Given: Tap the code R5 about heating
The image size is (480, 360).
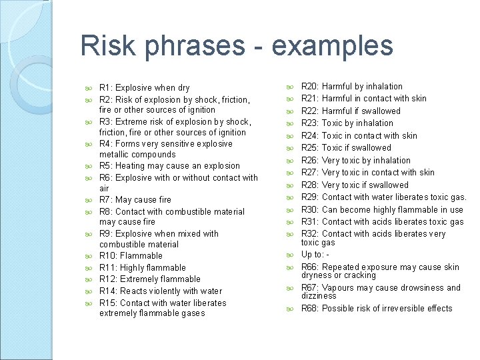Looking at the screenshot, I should pyautogui.click(x=105, y=166).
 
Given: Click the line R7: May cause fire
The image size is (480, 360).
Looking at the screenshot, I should pyautogui.click(x=135, y=199).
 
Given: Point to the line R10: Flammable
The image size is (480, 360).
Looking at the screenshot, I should pyautogui.click(x=131, y=256).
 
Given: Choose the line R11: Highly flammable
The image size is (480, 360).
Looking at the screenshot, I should pyautogui.click(x=142, y=268).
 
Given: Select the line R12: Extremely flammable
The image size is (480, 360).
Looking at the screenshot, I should pyautogui.click(x=149, y=279).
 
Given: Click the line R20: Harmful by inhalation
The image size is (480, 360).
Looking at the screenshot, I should pyautogui.click(x=351, y=87).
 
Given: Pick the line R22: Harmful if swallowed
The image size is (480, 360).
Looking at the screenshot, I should pyautogui.click(x=351, y=111).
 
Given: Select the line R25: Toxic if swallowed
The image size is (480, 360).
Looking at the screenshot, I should pyautogui.click(x=346, y=148).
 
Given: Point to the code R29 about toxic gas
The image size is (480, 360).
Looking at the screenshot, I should pyautogui.click(x=310, y=197).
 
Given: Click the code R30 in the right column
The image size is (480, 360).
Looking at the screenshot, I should pyautogui.click(x=310, y=209).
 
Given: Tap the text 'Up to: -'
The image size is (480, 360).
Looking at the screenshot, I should pyautogui.click(x=315, y=255).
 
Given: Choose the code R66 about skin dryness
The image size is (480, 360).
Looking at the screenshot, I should pyautogui.click(x=310, y=267).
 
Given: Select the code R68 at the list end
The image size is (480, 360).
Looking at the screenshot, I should pyautogui.click(x=310, y=309).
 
